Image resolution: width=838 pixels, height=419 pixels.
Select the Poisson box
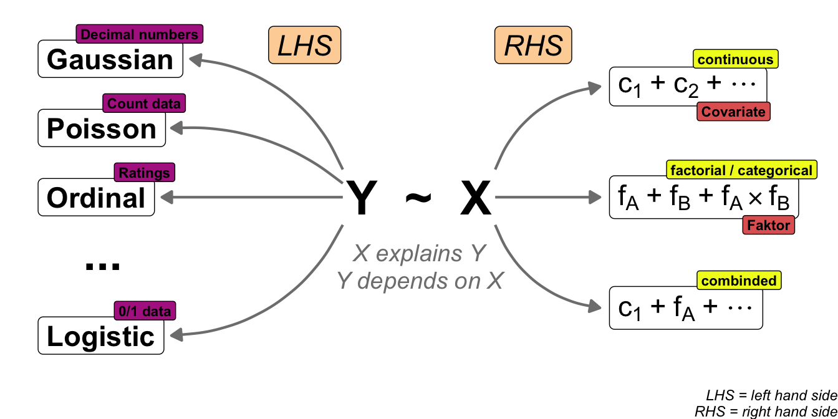click(102, 129)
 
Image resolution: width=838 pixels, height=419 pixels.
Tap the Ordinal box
click(96, 198)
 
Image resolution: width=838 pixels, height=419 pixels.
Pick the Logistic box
click(101, 337)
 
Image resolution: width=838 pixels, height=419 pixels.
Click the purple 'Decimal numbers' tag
click(140, 34)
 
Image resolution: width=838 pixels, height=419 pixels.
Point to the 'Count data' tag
click(145, 103)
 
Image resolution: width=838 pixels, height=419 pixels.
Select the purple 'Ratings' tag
click(145, 172)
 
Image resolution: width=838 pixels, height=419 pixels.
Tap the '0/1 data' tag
click(145, 310)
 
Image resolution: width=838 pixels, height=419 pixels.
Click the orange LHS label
click(305, 46)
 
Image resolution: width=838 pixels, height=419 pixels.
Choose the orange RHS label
click(533, 46)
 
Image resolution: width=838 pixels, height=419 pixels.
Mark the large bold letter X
click(476, 198)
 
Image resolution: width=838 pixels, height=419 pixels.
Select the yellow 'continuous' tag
click(736, 60)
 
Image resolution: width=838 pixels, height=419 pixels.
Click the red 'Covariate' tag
click(733, 112)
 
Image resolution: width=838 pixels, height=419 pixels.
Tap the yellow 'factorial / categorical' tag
click(741, 170)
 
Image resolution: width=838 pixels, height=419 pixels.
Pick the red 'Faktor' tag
click(768, 225)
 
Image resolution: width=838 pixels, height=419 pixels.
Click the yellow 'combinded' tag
click(739, 281)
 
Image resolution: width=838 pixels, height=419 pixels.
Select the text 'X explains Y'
click(419, 254)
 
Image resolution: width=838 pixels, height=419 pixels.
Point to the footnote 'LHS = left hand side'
click(771, 395)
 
